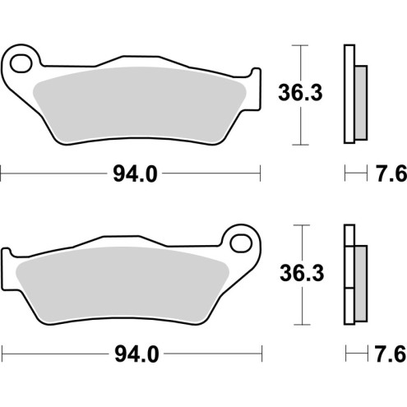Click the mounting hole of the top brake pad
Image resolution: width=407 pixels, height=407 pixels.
(24, 60)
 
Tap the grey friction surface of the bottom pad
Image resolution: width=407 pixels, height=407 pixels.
(123, 284)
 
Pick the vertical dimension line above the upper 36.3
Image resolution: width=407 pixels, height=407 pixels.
(303, 62)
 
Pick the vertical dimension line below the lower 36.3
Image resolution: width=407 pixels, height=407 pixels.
(303, 304)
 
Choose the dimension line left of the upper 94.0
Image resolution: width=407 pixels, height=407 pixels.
(49, 173)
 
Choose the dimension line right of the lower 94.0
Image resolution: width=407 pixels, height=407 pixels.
(214, 354)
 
